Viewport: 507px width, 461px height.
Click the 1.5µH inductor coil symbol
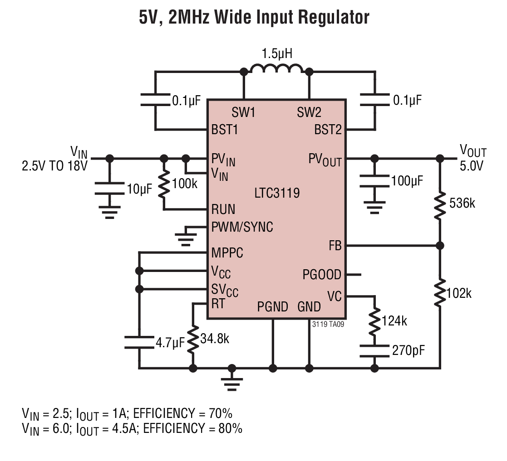point(277,68)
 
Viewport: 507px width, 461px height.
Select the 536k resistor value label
point(462,204)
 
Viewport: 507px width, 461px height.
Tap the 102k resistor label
point(459,293)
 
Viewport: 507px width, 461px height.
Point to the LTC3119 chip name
point(277,193)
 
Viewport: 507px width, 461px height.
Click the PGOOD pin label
point(322,275)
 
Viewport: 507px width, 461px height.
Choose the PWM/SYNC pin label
point(242,227)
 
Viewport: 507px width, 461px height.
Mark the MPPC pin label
point(227,253)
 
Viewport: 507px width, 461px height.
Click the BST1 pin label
point(224,130)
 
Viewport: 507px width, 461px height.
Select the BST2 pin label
point(328,130)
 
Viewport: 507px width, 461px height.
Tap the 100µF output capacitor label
point(407,181)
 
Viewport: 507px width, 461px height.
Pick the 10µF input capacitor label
point(139,189)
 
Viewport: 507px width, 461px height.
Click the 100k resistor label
point(185,184)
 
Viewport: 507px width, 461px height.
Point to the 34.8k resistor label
point(215,339)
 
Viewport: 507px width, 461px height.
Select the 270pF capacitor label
point(409,350)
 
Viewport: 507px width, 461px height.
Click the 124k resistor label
point(394,321)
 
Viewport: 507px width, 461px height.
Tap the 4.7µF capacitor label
point(170,343)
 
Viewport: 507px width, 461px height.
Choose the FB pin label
point(335,246)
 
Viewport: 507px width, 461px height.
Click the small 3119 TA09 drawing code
point(328,324)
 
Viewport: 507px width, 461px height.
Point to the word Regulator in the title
point(333,17)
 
